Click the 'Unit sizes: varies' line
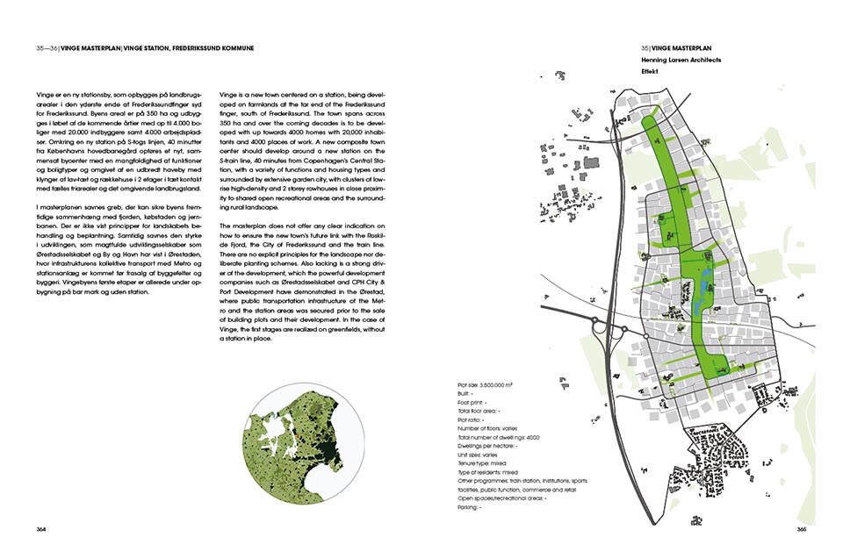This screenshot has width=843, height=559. tap(478, 455)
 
